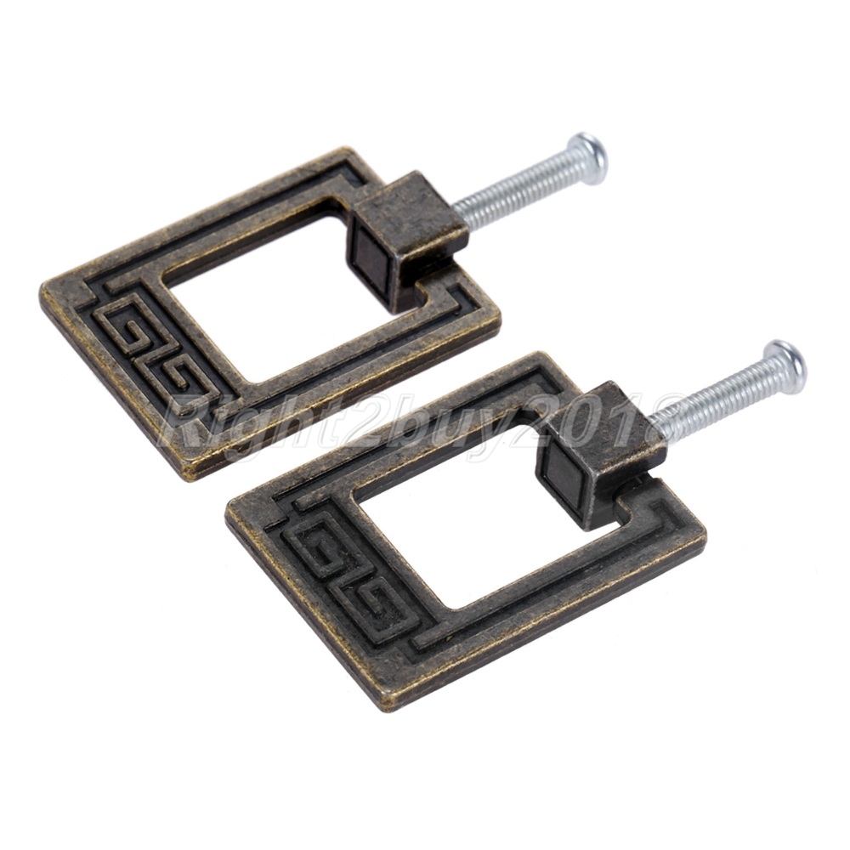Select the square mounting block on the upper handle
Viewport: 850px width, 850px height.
coord(406,239)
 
